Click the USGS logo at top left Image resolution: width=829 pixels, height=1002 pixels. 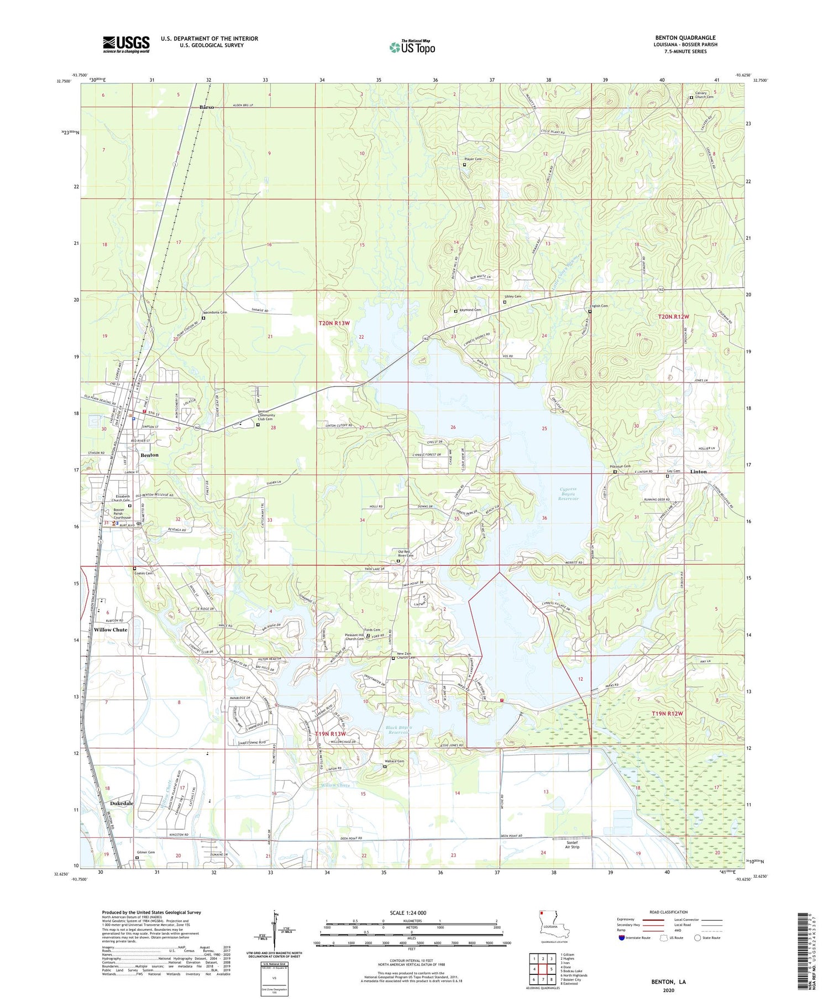(126, 44)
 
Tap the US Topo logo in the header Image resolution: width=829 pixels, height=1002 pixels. (412, 47)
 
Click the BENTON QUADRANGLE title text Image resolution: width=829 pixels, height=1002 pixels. (685, 38)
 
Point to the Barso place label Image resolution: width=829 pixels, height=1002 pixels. (206, 107)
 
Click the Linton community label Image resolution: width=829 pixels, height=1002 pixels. (699, 471)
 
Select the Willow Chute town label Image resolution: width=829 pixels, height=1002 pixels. (111, 629)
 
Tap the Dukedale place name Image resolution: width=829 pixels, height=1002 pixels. (122, 803)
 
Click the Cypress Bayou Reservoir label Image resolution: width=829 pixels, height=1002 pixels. (568, 494)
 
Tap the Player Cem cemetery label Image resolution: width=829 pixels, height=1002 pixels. (473, 159)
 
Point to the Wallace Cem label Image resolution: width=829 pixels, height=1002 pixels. (394, 761)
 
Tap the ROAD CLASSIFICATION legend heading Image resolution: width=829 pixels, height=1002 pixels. (669, 912)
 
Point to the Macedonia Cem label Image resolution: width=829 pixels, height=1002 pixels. (216, 312)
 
